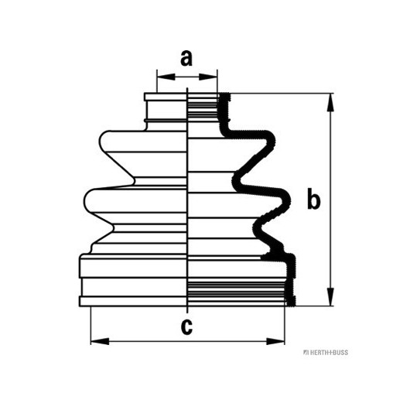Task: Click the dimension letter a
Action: [186, 58]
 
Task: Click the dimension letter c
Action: [186, 326]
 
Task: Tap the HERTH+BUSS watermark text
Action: [326, 352]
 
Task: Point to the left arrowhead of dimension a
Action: [166, 77]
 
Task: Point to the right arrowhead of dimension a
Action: [208, 77]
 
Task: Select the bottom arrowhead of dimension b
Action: [331, 296]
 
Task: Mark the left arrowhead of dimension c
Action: [100, 341]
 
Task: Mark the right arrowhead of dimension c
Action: [275, 341]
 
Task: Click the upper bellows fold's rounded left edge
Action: [101, 142]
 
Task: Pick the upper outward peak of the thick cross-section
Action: [272, 142]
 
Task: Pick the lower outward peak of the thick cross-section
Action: [287, 200]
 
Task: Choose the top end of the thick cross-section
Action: [224, 94]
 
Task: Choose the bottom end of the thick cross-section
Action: [292, 304]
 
